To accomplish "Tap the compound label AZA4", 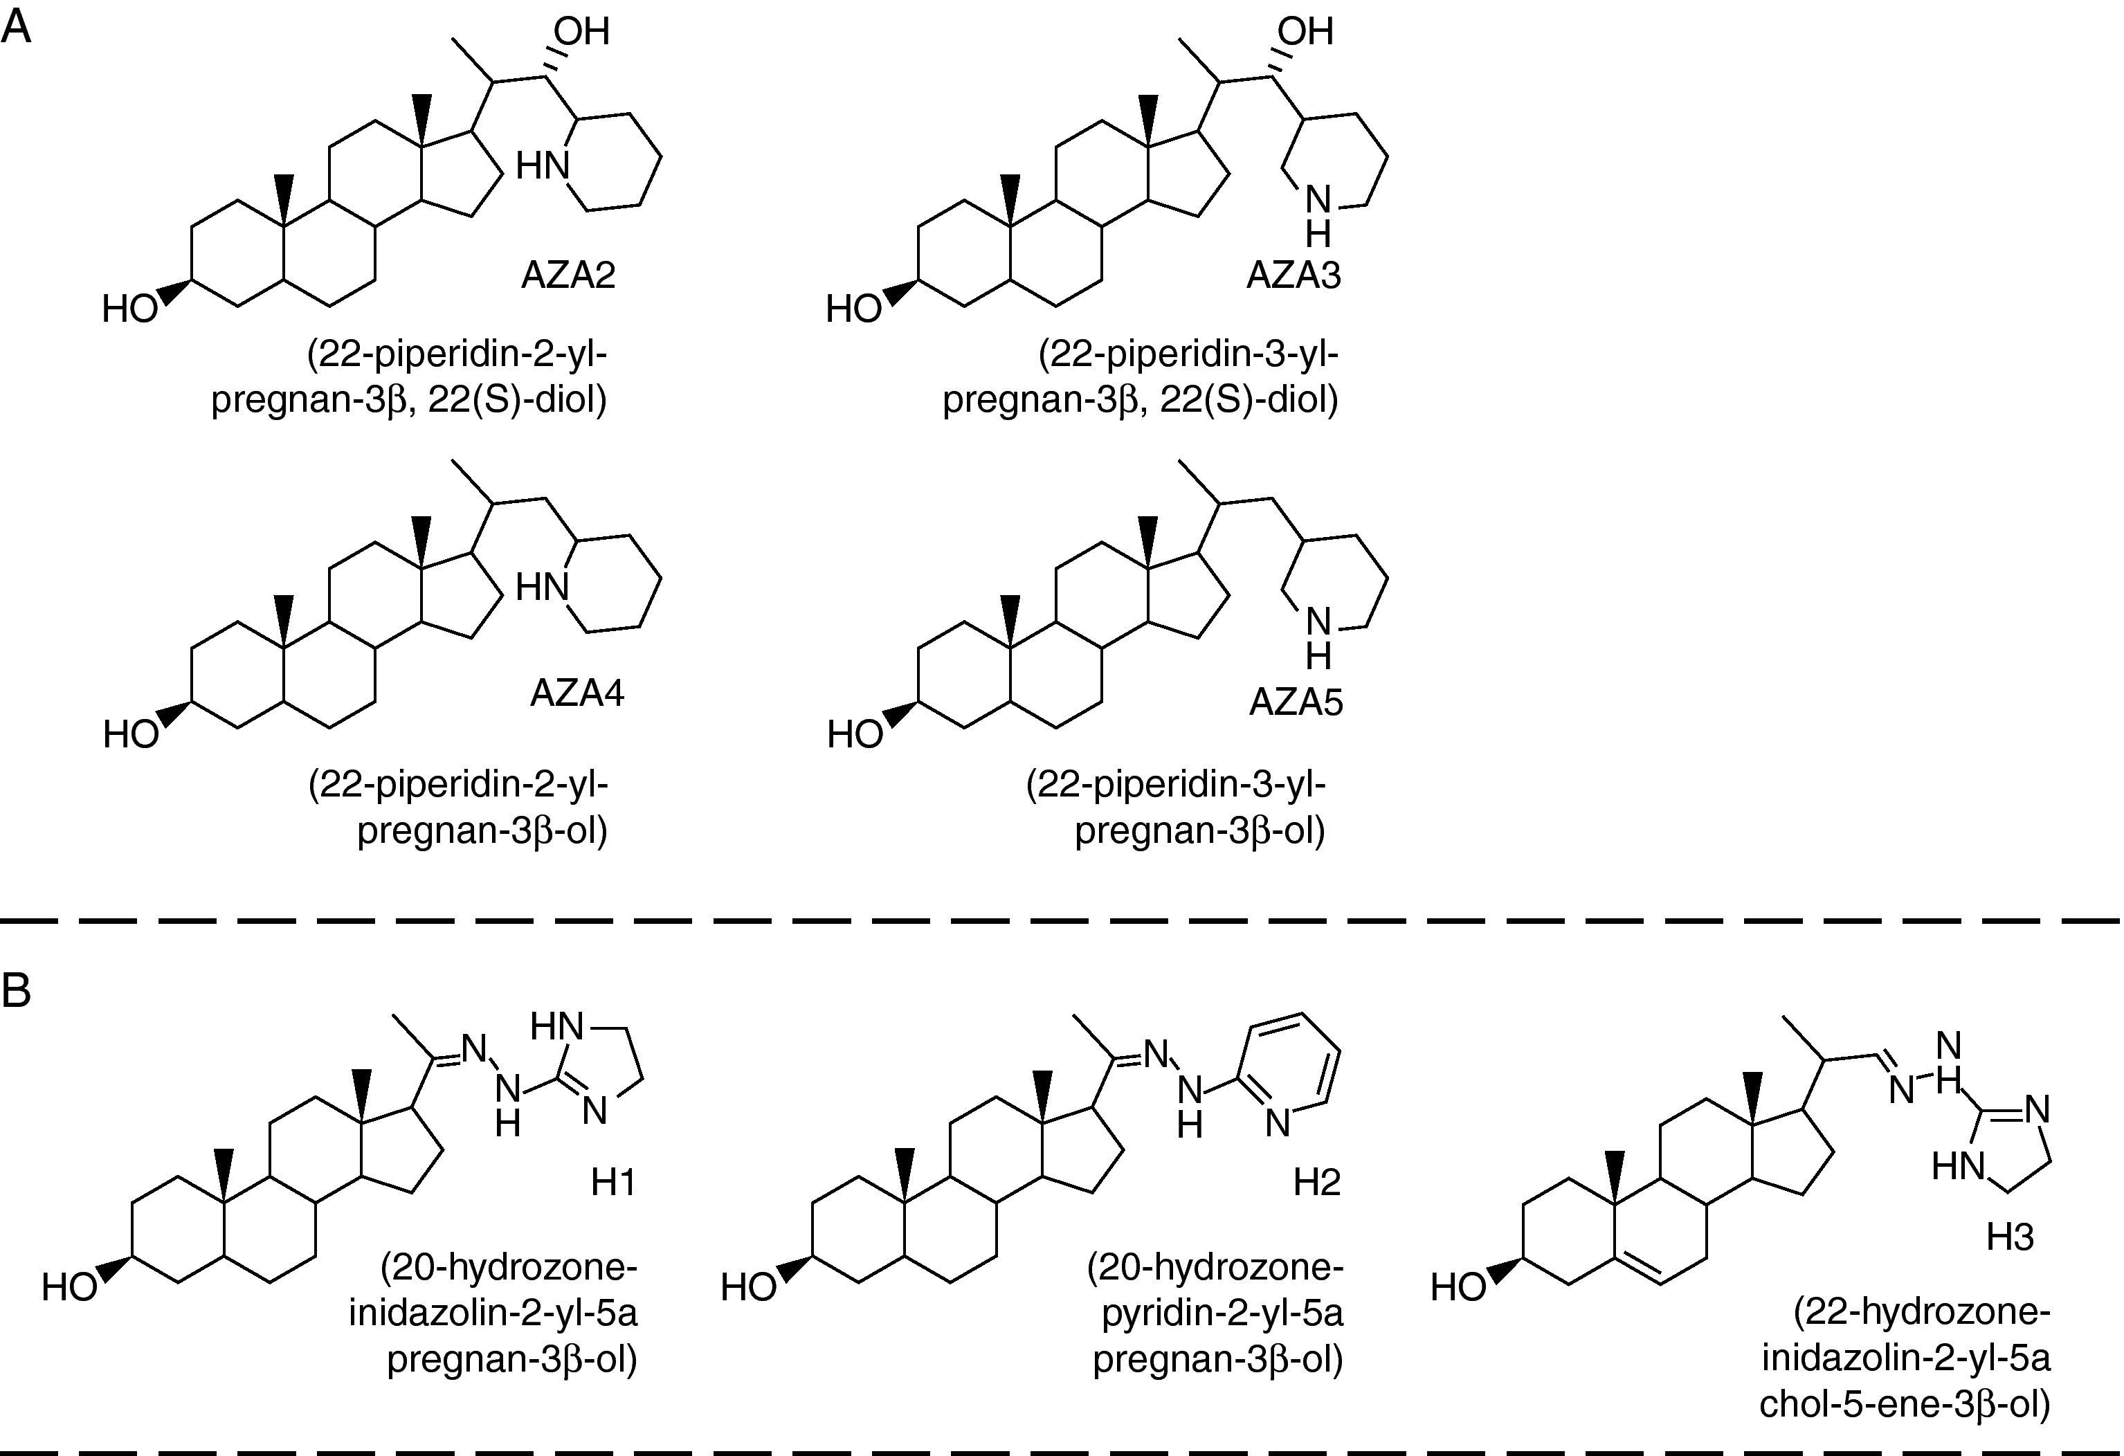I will (577, 693).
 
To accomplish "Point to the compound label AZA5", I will (1296, 702).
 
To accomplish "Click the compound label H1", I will (612, 1183).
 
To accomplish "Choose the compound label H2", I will (1316, 1183).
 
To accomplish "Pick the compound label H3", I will (2010, 1237).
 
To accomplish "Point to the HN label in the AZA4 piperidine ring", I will (543, 587).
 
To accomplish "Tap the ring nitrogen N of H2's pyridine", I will (1278, 1123).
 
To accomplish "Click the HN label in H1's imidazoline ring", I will (556, 1026).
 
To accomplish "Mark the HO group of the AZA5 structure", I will (855, 734).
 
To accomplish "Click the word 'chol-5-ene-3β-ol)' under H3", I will (1905, 1404).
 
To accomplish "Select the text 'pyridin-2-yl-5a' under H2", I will (1222, 1313).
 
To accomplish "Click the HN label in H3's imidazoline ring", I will (1958, 1166).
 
